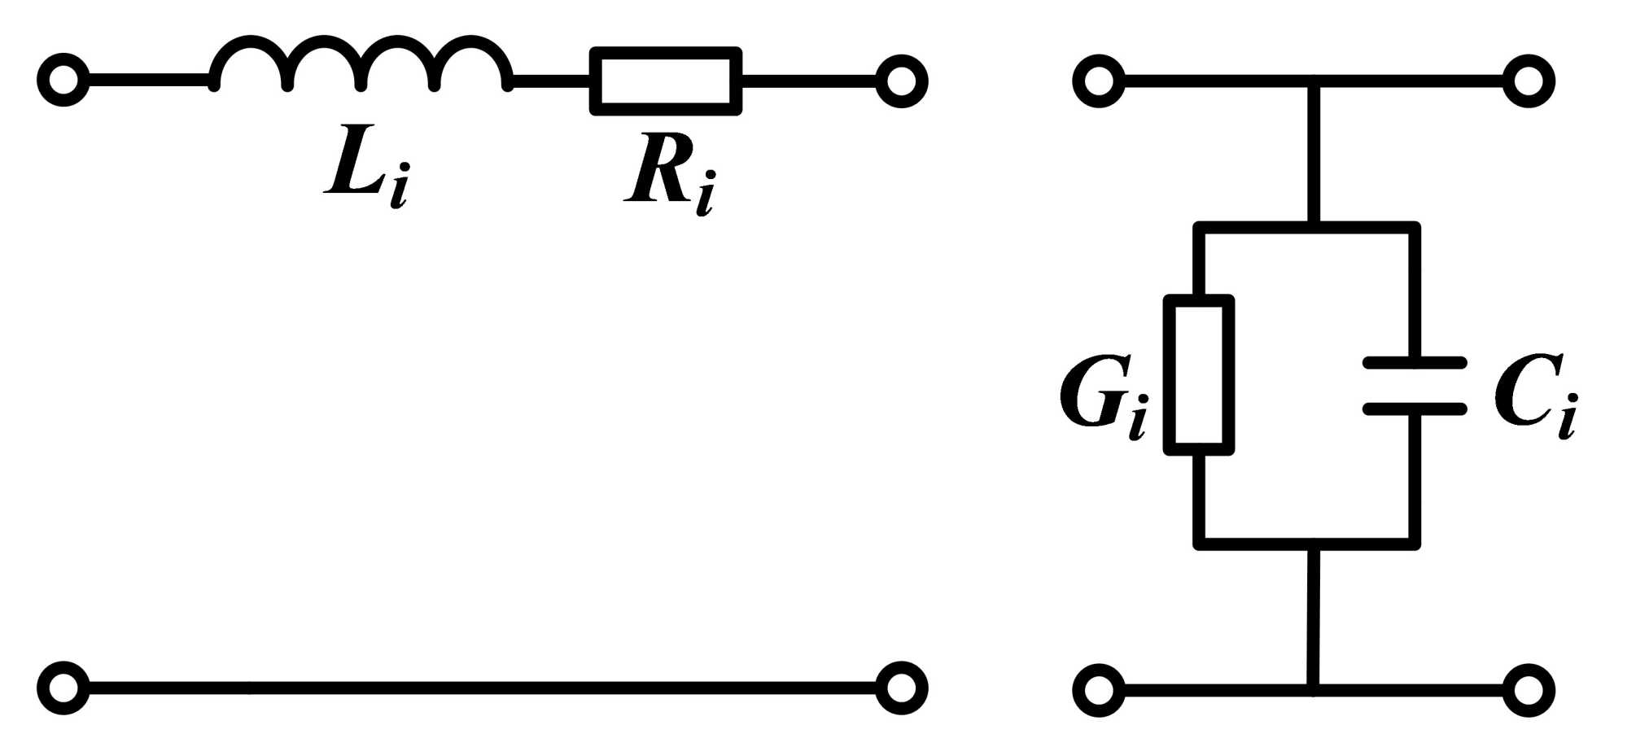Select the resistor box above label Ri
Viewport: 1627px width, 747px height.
coord(666,81)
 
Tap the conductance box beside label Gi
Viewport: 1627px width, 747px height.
coord(1199,374)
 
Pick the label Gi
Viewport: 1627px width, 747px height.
coord(1103,395)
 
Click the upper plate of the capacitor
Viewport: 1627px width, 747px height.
coord(1415,363)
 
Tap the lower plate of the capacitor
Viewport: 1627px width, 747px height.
coord(1415,408)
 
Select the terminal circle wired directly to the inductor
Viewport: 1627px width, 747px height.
coord(63,81)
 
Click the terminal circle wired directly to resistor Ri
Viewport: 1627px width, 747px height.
coord(901,81)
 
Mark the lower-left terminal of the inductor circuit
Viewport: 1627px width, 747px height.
coord(63,688)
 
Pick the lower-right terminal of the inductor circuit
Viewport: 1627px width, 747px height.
coord(901,688)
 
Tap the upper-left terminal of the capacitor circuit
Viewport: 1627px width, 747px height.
coord(1099,81)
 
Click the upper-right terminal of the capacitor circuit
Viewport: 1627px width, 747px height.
coord(1529,81)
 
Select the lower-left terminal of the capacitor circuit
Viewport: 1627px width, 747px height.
coord(1099,690)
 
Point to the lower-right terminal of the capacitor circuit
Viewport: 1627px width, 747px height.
coord(1529,690)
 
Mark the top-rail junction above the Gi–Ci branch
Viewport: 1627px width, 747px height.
coord(1313,81)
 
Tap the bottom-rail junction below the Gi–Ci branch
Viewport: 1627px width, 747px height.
coord(1313,690)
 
